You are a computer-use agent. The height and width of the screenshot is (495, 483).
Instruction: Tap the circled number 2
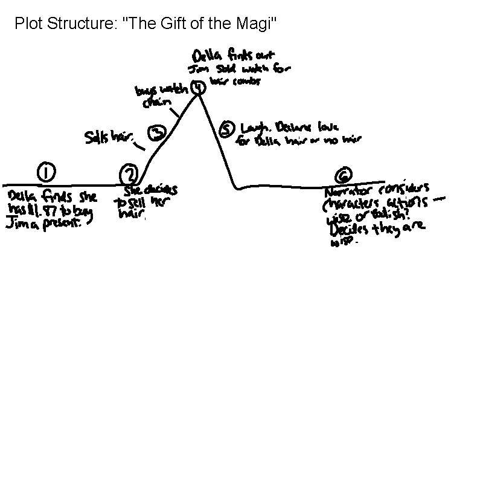(x=129, y=174)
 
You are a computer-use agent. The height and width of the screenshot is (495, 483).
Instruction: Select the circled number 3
(x=156, y=133)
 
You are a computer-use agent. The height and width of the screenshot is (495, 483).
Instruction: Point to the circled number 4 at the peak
(x=197, y=88)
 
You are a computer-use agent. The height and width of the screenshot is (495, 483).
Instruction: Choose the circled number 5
(x=226, y=129)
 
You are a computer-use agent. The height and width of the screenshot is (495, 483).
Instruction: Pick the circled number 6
(x=342, y=176)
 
